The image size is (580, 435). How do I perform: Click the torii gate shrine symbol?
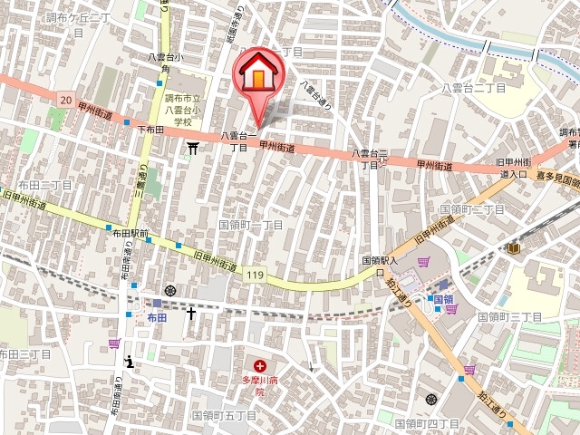192,146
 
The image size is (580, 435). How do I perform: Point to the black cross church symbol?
191,314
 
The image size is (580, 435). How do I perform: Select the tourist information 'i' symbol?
130,361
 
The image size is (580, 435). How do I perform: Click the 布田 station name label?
157,318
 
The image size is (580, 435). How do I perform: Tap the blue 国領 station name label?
442,299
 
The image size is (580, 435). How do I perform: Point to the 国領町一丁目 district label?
251,223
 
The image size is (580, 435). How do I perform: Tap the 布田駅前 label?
130,232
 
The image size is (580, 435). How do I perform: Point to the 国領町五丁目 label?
224,414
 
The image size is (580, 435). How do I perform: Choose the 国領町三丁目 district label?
510,317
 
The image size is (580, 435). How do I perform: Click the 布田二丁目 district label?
43,184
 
